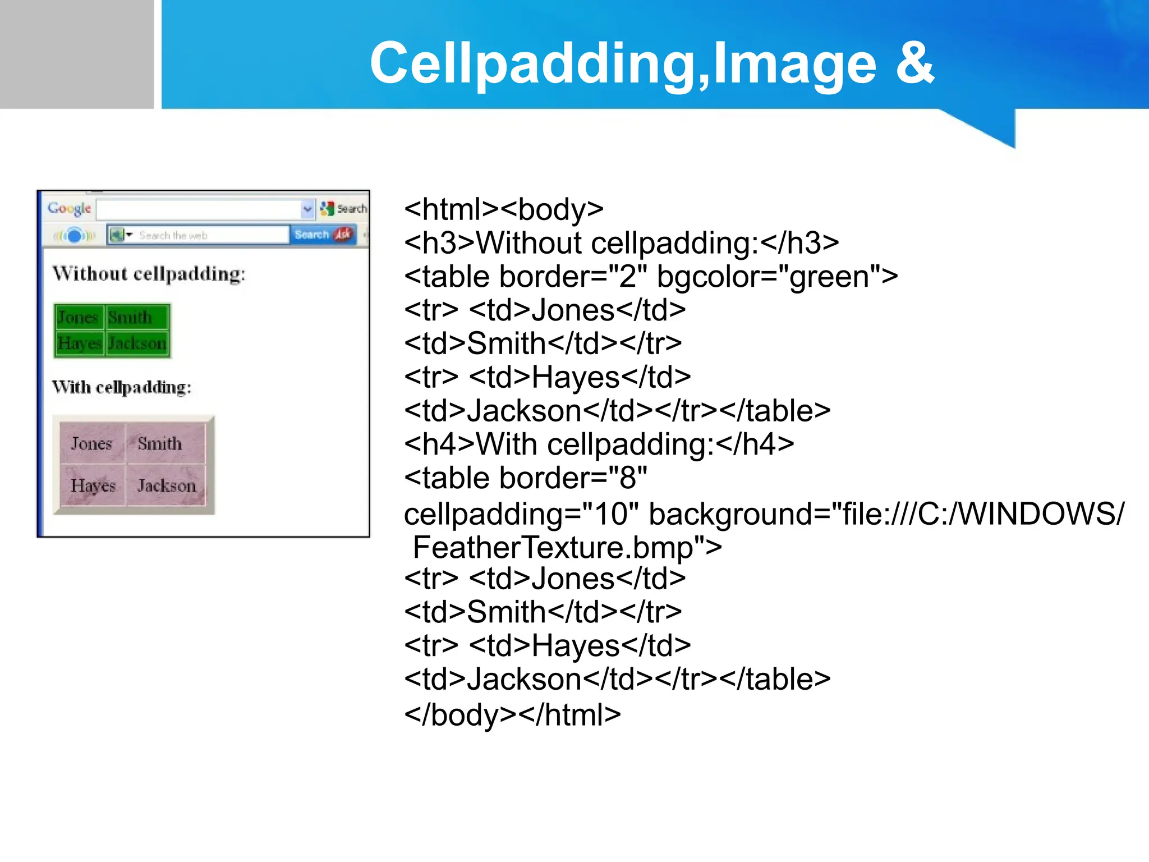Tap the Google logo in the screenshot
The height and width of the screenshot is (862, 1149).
pyautogui.click(x=69, y=208)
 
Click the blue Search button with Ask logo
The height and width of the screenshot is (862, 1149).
pyautogui.click(x=323, y=235)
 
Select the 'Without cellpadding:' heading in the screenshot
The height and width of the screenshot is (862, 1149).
pyautogui.click(x=149, y=274)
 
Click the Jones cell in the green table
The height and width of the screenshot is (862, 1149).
pyautogui.click(x=79, y=318)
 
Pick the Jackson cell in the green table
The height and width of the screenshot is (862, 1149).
pyautogui.click(x=137, y=343)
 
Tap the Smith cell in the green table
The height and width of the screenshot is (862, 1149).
pyautogui.click(x=130, y=318)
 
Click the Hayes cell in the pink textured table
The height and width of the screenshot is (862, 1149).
pyautogui.click(x=93, y=485)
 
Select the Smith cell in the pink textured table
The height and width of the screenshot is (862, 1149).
pyautogui.click(x=160, y=443)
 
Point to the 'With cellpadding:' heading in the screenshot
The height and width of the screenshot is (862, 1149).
pyautogui.click(x=122, y=387)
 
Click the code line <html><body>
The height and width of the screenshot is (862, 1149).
pyautogui.click(x=503, y=209)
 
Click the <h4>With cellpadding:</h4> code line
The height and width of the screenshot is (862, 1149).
pyautogui.click(x=599, y=444)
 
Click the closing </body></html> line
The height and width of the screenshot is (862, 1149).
pyautogui.click(x=512, y=714)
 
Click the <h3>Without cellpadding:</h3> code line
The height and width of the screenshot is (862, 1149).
pyautogui.click(x=621, y=243)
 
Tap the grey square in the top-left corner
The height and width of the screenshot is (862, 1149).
pyautogui.click(x=76, y=54)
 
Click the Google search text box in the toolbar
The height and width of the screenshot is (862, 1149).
pyautogui.click(x=199, y=209)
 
